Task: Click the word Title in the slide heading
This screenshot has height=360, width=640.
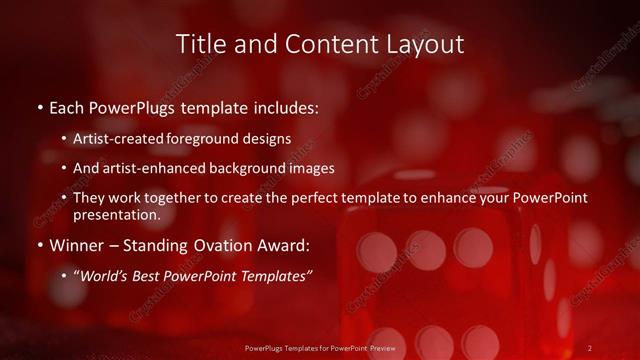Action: [x=200, y=44]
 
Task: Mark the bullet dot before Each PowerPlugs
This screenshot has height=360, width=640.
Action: [x=39, y=106]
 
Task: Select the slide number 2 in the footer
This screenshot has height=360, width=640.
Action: [x=590, y=347]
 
